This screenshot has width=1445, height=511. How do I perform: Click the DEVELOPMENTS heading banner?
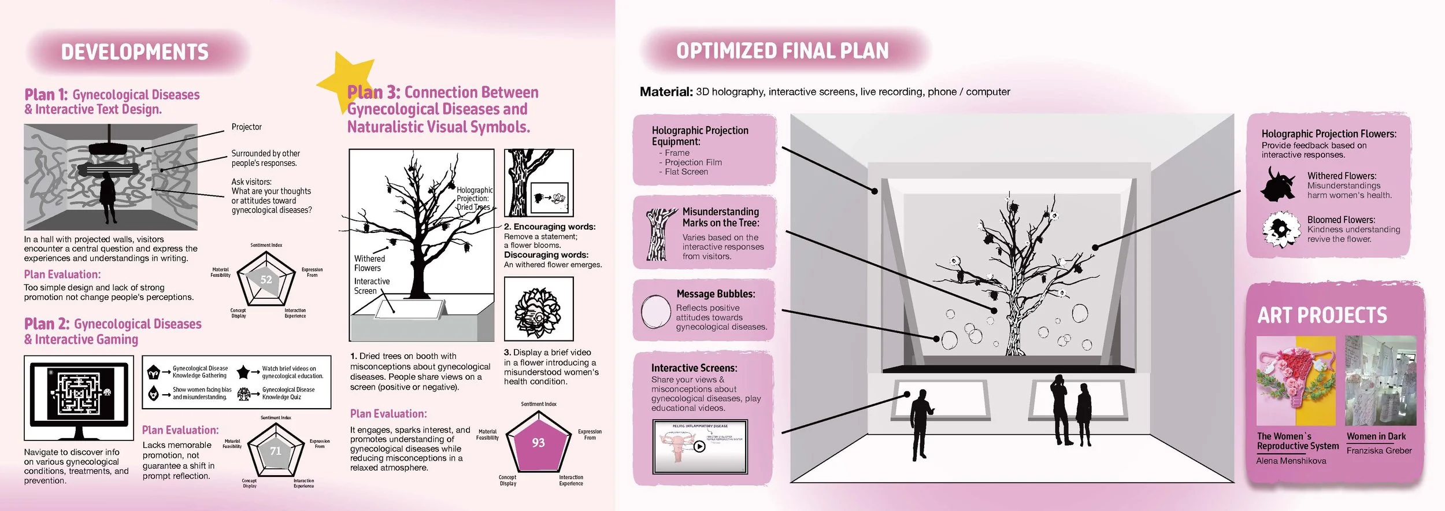[135, 52]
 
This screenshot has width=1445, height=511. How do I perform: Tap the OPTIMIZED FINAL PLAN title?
[782, 51]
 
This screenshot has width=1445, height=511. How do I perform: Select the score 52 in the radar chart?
[266, 280]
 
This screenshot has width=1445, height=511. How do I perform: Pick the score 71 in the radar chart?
[276, 451]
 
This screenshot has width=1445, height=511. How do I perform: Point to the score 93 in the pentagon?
[538, 443]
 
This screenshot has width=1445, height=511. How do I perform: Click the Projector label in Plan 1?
[246, 127]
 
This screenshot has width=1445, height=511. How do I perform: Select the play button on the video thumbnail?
[699, 446]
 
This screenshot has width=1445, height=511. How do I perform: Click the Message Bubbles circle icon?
[655, 312]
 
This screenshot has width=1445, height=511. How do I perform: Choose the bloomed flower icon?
[1280, 229]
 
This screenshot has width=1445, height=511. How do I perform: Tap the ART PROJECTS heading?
[1322, 316]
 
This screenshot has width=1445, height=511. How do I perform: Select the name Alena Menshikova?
[1291, 461]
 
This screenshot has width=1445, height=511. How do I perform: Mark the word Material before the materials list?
[665, 92]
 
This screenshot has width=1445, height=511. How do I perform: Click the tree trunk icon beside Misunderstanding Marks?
[658, 234]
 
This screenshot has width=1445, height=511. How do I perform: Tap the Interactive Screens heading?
[694, 368]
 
